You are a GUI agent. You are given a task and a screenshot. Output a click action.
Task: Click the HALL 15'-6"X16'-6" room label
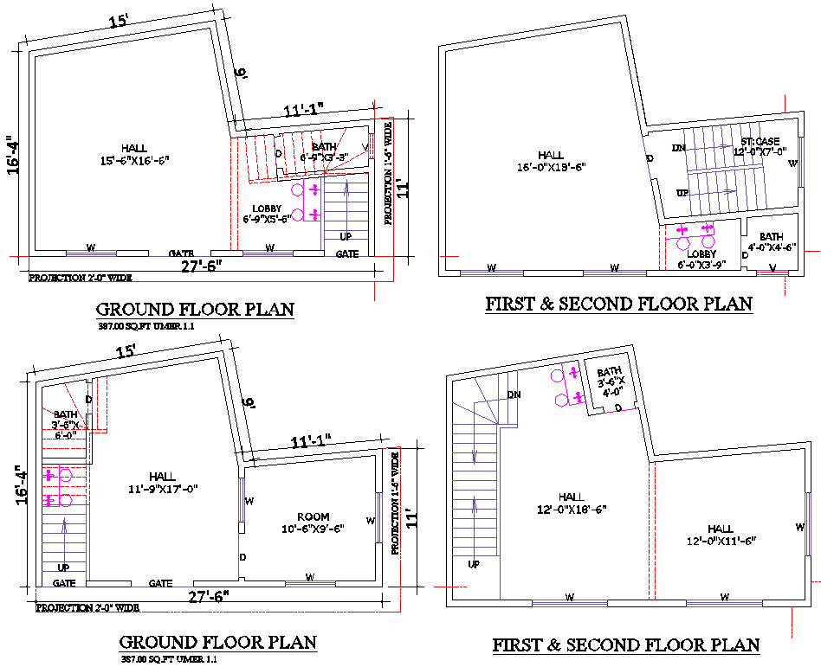click(134, 154)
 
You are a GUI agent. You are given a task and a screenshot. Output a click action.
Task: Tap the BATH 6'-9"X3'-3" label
click(324, 152)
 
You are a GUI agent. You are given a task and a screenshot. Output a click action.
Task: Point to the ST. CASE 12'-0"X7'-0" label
click(761, 146)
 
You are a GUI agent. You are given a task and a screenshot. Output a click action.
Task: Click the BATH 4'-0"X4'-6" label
click(771, 242)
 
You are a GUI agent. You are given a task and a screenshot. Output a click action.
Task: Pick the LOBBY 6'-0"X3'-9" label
click(701, 260)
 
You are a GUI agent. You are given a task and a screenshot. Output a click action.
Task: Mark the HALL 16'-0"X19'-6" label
click(546, 162)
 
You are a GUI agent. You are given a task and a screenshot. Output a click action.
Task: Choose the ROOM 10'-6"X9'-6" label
click(313, 523)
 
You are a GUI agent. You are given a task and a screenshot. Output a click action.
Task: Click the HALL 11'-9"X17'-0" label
click(162, 482)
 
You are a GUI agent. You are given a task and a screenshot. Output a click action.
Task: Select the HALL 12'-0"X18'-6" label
click(571, 503)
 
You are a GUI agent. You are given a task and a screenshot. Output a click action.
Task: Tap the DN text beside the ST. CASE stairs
click(678, 148)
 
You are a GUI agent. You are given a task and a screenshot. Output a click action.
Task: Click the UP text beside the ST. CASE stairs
click(682, 193)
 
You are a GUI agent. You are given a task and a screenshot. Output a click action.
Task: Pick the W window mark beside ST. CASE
click(792, 163)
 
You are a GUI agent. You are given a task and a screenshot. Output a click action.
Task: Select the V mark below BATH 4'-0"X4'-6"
click(772, 269)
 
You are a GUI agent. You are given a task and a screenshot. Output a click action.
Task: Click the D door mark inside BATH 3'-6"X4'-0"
click(617, 407)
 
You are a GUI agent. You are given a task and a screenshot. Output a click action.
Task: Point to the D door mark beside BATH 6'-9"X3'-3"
click(278, 154)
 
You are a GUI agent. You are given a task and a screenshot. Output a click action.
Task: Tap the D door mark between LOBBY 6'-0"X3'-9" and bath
click(744, 255)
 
